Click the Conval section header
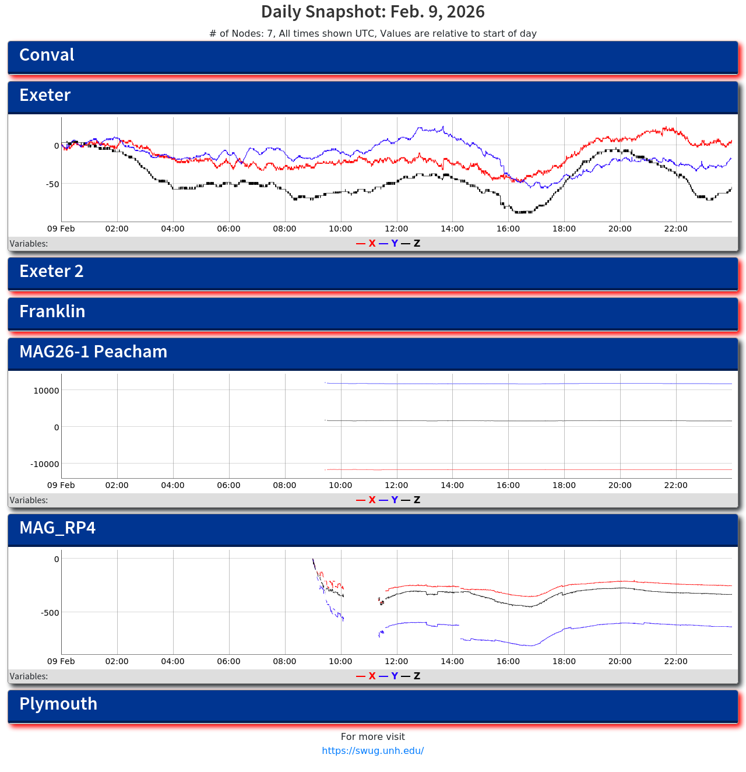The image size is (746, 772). (x=47, y=55)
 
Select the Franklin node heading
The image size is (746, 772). (x=52, y=312)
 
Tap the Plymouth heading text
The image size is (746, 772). (x=58, y=704)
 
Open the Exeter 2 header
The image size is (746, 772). (x=51, y=272)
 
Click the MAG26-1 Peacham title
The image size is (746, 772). (x=93, y=352)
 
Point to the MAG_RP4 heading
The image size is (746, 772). (x=57, y=528)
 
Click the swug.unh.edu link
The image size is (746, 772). (x=373, y=751)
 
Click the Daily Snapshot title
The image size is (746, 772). (x=373, y=12)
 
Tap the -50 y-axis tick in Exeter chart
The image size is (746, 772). (x=51, y=184)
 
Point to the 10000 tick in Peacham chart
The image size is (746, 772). (x=46, y=391)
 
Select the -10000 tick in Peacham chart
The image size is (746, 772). (x=45, y=464)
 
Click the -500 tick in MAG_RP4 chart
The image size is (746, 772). (x=50, y=613)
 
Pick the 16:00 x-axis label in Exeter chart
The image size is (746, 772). (x=508, y=229)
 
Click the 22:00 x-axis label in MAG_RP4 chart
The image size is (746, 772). (x=676, y=662)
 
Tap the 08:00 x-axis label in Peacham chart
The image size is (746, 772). (x=284, y=486)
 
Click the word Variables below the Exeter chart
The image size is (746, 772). (x=29, y=244)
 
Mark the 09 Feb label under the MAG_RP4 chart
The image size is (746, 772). (x=61, y=662)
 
